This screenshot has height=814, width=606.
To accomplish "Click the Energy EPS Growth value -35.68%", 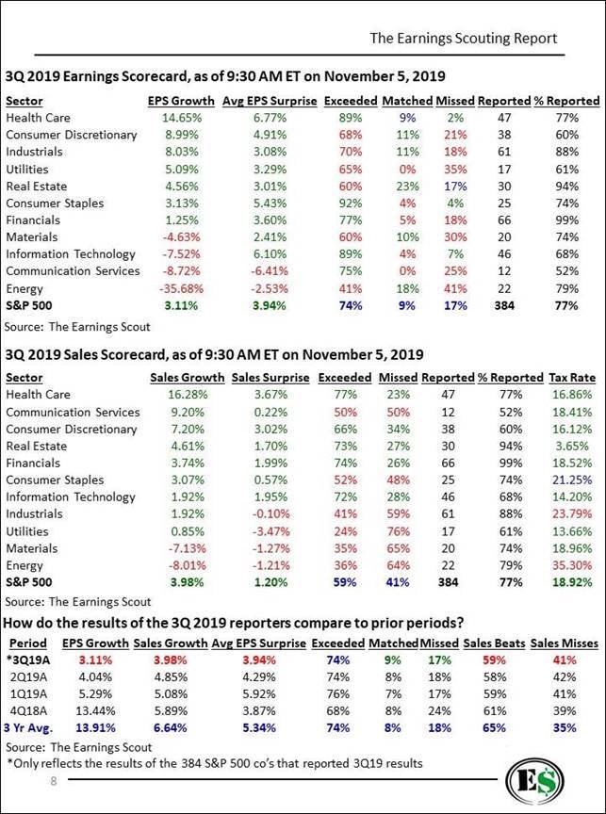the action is [182, 288].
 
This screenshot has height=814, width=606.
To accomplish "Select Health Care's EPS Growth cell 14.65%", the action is [182, 118].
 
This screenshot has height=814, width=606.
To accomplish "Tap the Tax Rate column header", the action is [572, 378].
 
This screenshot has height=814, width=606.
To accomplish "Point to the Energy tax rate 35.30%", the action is [573, 565].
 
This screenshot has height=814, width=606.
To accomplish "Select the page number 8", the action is [53, 781].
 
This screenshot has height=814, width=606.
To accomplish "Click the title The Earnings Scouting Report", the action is [463, 39].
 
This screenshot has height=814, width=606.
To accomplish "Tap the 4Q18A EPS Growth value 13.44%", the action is [95, 711].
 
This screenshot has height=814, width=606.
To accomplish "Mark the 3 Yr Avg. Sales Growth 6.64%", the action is [170, 728].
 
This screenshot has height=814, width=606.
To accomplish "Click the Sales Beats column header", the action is [494, 643].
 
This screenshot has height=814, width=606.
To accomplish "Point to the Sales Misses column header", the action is [565, 643].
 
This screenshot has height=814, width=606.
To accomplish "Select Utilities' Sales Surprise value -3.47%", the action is [270, 531].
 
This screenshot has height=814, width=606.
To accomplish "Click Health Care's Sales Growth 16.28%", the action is [188, 395].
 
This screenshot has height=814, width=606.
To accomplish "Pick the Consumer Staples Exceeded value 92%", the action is [351, 203].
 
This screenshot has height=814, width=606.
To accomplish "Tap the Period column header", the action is [28, 643].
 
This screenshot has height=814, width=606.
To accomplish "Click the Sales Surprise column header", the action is [270, 378].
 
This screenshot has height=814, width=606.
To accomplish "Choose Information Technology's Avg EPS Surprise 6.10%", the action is [270, 253].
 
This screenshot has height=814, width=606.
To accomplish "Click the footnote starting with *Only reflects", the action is [215, 763].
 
